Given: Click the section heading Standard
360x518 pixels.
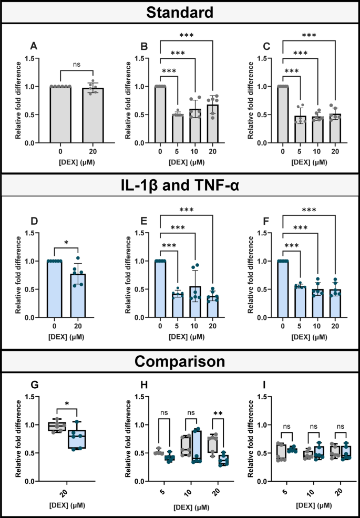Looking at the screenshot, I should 180,12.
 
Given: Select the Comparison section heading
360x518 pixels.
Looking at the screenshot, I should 180,362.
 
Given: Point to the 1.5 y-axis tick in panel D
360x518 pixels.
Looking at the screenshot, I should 36,233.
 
